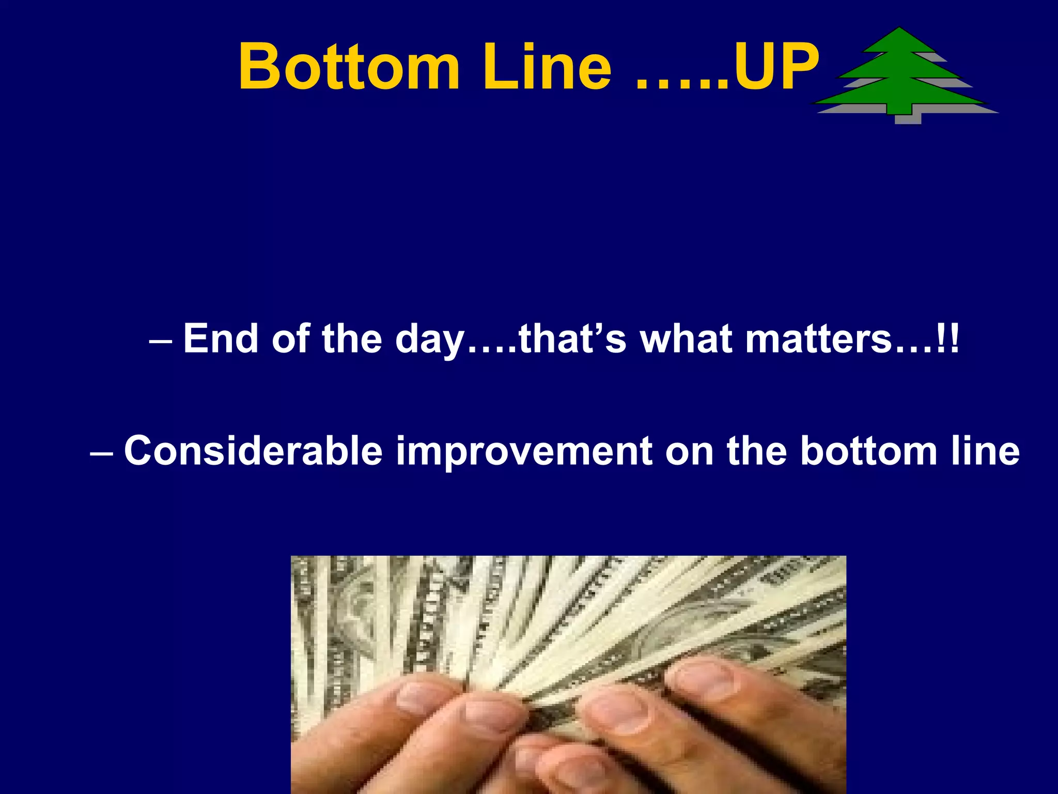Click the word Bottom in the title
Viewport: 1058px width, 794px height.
[x=349, y=67]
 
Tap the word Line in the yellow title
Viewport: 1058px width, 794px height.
[x=547, y=67]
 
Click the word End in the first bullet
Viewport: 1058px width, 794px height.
[x=221, y=339]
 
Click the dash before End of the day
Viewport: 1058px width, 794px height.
[x=161, y=341]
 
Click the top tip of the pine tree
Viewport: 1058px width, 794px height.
[x=899, y=29]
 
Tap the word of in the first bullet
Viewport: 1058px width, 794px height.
[x=290, y=339]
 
